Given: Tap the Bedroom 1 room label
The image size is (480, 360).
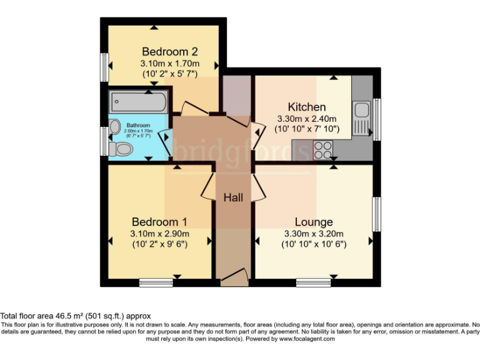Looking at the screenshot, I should [159, 222].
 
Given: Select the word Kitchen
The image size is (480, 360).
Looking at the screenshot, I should [306, 106].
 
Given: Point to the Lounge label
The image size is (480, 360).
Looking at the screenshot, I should [314, 222].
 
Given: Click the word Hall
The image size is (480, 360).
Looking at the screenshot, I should [234, 197].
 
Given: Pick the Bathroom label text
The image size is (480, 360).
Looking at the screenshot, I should [139, 124].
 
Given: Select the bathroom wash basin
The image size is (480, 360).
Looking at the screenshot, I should [115, 127].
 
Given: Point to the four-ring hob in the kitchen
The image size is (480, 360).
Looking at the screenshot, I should [323, 149].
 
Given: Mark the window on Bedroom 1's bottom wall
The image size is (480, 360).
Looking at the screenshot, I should [156, 282].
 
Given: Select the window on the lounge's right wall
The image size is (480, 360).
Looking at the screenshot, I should [377, 214].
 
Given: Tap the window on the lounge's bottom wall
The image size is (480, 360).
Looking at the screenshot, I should [313, 282].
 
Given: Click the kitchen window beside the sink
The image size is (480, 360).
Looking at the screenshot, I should [377, 119].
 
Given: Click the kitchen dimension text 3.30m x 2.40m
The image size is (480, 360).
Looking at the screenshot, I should [306, 119].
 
